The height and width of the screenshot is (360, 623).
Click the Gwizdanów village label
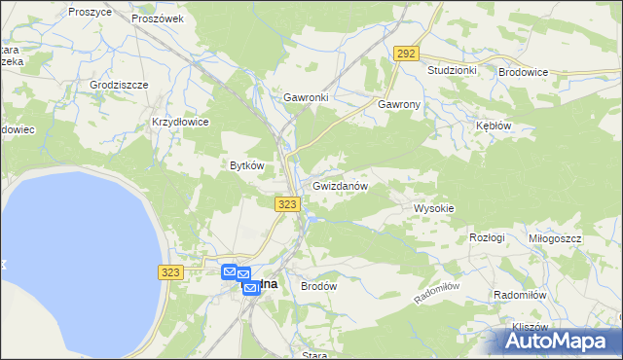340,186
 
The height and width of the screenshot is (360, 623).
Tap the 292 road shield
407,54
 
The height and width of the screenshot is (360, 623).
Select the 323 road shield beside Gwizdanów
287,203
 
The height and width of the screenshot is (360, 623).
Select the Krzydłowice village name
180,122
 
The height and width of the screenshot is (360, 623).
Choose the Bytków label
246,165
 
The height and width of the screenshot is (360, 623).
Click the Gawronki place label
306,98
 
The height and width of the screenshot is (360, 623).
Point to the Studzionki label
452,71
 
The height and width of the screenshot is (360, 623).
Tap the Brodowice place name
523,72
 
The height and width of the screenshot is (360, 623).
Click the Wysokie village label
434,208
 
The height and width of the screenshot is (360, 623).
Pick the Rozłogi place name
487,237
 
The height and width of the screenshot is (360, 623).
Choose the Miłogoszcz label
555,238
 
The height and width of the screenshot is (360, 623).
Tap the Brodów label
318,287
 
